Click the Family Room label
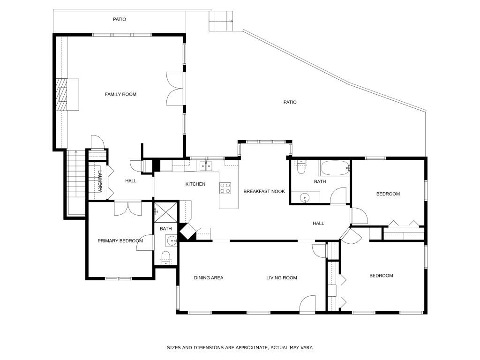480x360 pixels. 120,94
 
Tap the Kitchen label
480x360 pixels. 195,184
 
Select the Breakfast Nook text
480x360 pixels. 264,191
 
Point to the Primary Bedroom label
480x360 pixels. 120,241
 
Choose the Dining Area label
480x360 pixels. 209,277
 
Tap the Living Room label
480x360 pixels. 282,277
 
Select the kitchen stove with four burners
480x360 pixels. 225,188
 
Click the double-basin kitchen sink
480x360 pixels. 206,166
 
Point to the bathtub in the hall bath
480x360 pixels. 335,168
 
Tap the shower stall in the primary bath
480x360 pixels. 165,212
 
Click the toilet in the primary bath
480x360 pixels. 165,258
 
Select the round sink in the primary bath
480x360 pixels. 172,241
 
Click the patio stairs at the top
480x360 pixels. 221,21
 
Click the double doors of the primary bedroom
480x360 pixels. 128,208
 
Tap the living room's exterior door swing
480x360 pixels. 307,305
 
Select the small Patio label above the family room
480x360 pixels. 120,19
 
